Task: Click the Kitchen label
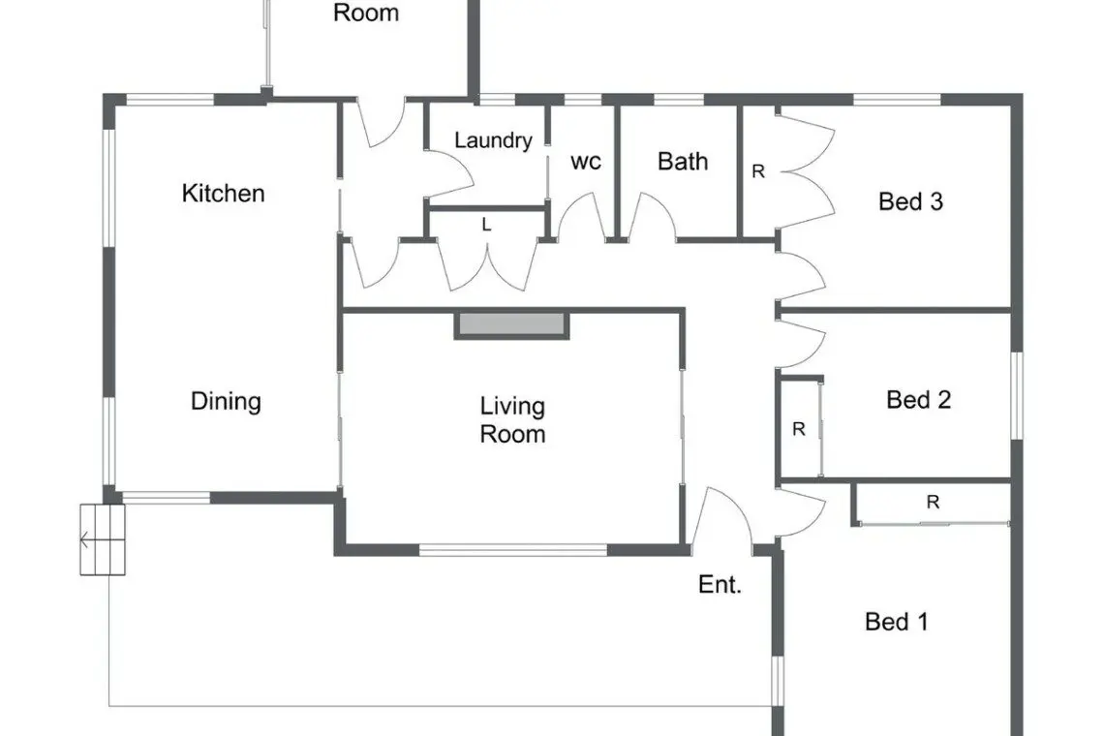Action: tap(223, 193)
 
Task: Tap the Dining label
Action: tap(226, 402)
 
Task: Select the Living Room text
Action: tap(512, 419)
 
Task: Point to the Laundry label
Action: tap(493, 140)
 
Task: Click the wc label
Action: tap(586, 162)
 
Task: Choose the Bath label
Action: tap(683, 162)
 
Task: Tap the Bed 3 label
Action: tap(910, 202)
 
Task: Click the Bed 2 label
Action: tap(918, 400)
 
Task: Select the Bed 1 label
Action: tap(897, 622)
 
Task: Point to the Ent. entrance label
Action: tap(720, 584)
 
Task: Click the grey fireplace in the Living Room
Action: tap(512, 324)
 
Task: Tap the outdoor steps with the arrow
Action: tap(102, 539)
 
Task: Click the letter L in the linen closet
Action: tap(486, 225)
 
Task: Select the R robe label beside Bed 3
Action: tap(758, 171)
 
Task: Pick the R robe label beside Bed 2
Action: tap(798, 429)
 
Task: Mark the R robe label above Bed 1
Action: tap(933, 503)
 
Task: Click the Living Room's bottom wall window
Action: tap(513, 550)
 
